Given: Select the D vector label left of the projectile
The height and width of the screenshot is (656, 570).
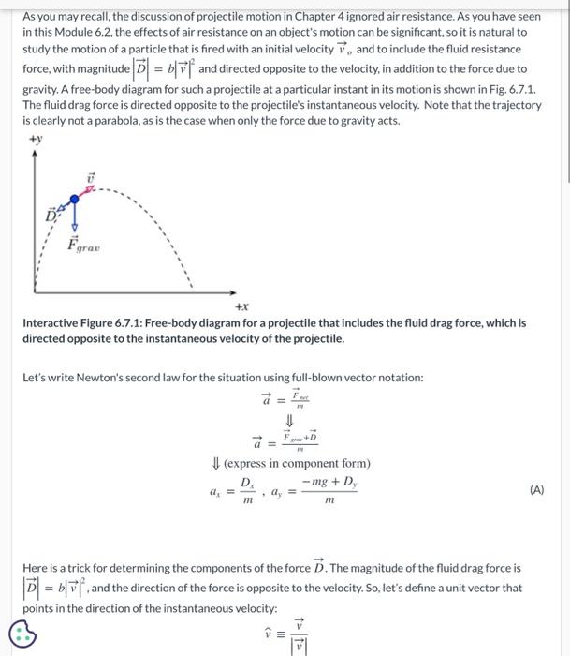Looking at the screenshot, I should [51, 216].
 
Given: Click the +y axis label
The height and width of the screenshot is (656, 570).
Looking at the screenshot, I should [36, 140].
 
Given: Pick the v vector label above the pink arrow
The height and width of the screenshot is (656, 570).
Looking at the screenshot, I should [92, 177].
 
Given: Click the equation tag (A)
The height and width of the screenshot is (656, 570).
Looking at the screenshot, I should [536, 489].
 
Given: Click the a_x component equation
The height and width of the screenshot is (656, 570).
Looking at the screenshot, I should [231, 490].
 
